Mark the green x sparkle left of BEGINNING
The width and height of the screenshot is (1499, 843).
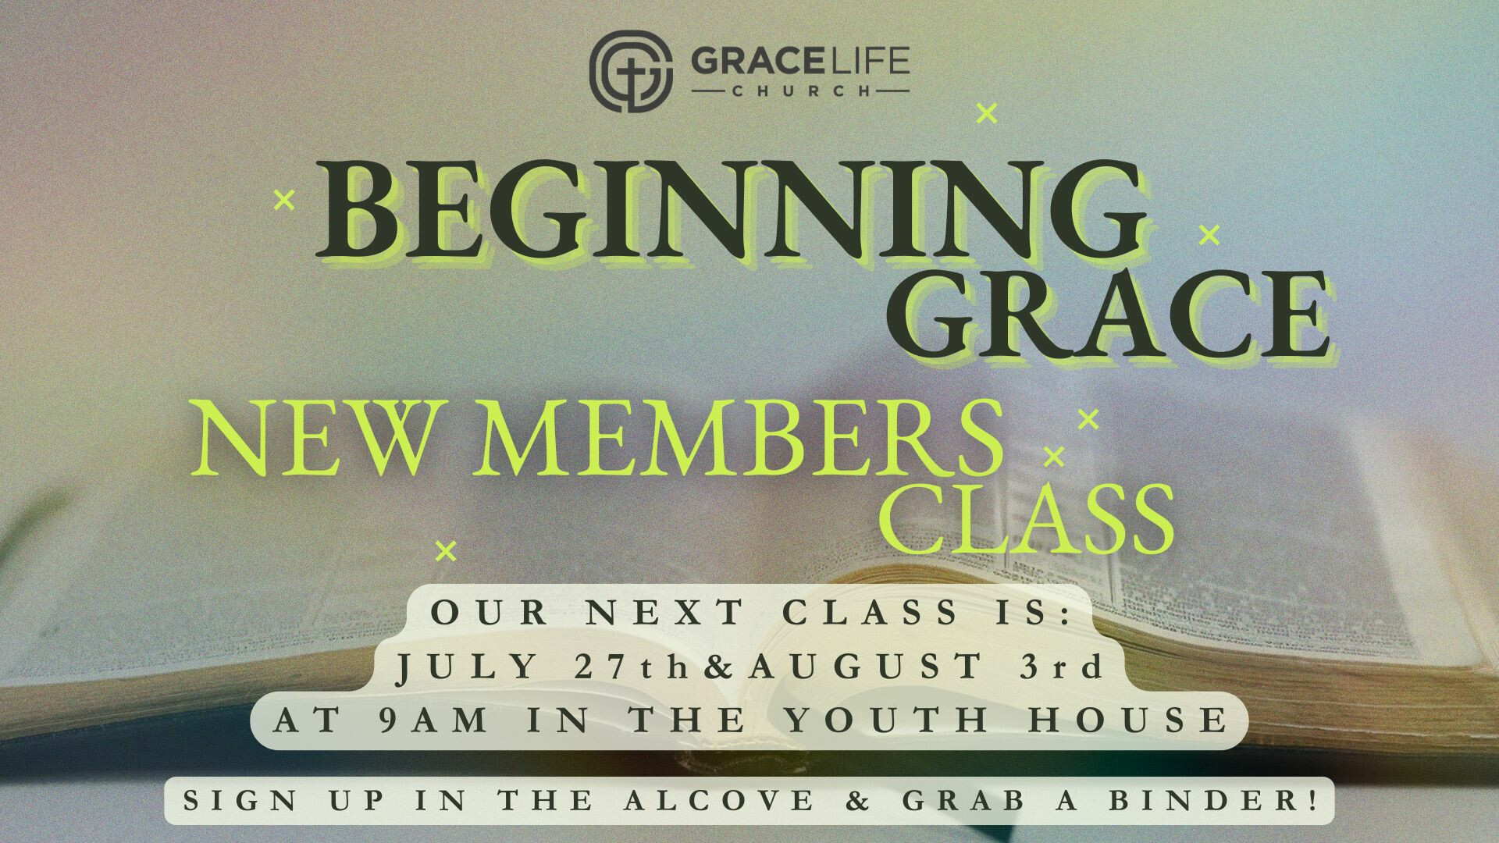click(285, 201)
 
